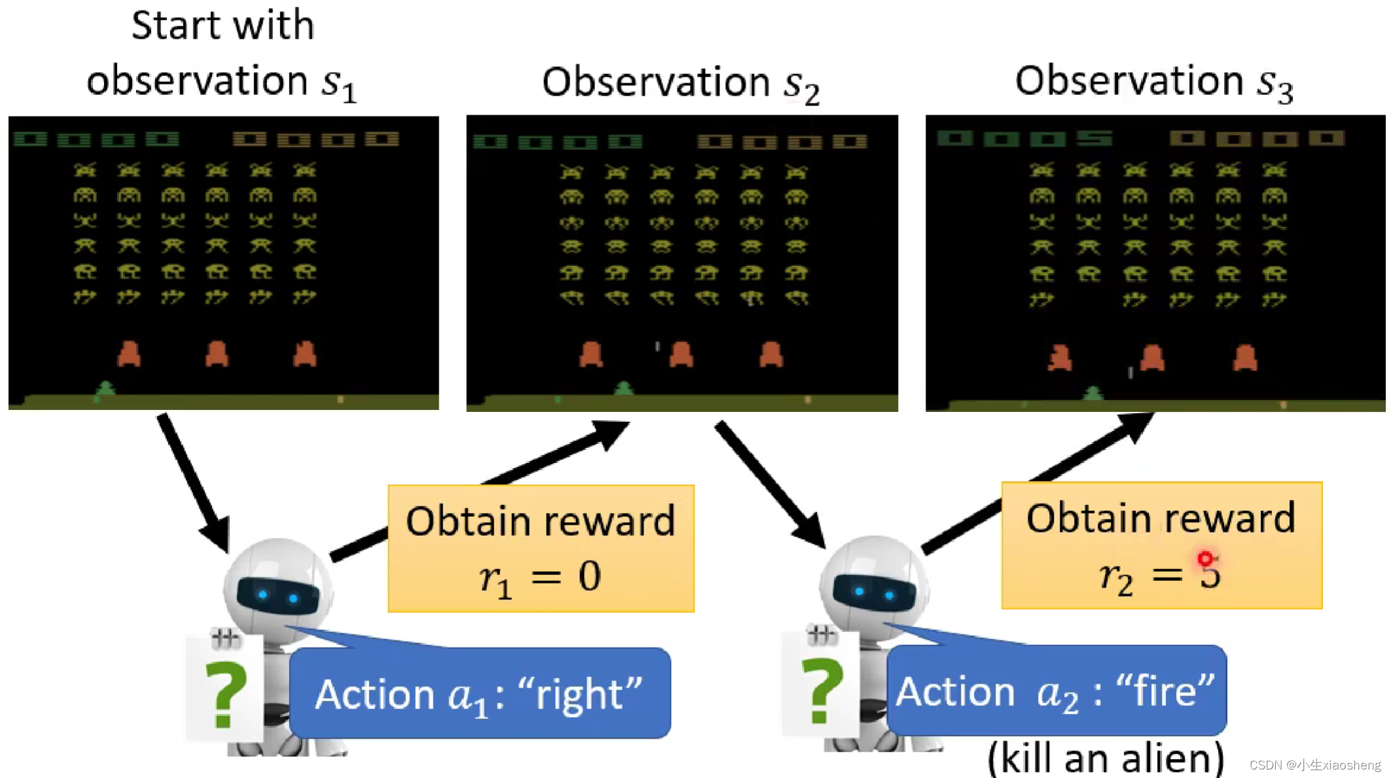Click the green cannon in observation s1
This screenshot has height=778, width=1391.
point(105,389)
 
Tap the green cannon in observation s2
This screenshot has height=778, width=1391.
point(624,389)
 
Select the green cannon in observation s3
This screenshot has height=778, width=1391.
point(1093,393)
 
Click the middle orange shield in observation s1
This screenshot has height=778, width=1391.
point(217,354)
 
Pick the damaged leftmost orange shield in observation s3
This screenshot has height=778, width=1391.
point(1059,358)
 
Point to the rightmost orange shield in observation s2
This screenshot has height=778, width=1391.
point(771,354)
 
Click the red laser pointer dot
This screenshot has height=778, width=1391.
point(1205,559)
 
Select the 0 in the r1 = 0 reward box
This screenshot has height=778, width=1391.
point(589,576)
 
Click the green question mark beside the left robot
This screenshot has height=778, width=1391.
point(225,694)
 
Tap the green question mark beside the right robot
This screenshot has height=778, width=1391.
point(822,691)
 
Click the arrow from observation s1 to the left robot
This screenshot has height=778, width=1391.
point(194,482)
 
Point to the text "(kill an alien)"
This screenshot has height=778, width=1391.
point(1105,758)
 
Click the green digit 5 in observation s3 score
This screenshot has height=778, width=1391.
point(1094,138)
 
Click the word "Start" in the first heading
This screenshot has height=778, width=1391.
point(172,26)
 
